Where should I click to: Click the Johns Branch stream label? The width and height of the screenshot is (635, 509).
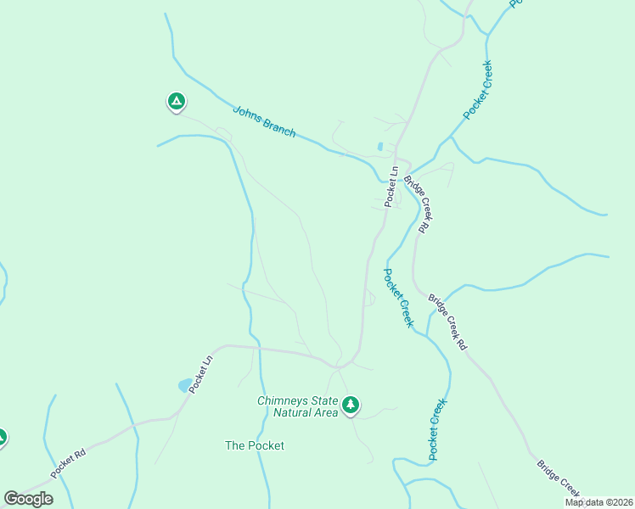[264, 120]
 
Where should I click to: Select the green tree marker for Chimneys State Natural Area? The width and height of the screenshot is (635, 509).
[351, 406]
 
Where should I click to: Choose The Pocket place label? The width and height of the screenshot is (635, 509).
[254, 445]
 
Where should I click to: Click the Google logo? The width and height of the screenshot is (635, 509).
[28, 499]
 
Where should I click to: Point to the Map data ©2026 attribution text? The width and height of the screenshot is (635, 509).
[598, 502]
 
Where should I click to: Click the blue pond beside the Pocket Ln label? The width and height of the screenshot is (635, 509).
[184, 385]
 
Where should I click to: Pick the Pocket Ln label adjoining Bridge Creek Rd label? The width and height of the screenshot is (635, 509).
[391, 187]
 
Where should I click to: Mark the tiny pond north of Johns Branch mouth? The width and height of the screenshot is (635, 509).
[379, 146]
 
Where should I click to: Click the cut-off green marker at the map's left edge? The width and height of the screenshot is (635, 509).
[2, 438]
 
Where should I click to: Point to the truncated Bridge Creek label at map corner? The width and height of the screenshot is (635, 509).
[559, 478]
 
